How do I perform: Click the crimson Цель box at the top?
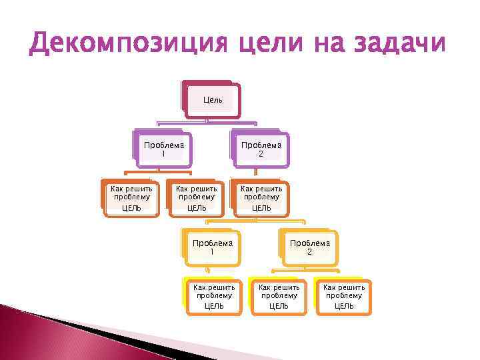[213, 101]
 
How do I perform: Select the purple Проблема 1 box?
[163, 149]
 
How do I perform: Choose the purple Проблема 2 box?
[261, 149]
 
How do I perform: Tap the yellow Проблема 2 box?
[309, 247]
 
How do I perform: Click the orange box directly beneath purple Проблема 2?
[261, 198]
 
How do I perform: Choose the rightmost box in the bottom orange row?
[343, 296]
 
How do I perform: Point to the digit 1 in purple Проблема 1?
[163, 154]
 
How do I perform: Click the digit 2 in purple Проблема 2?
[261, 154]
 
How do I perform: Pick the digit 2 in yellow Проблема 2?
[309, 253]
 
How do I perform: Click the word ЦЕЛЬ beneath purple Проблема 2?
[261, 208]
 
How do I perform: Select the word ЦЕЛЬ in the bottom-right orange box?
[343, 306]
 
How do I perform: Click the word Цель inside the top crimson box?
[213, 100]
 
